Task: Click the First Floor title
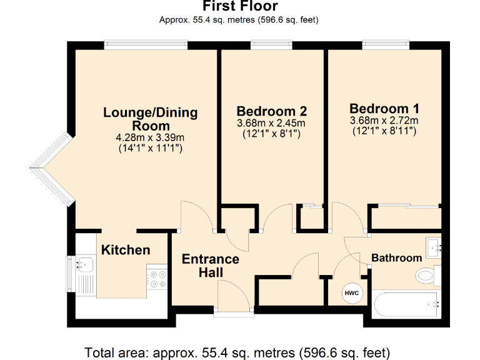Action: pos(239,6)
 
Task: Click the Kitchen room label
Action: pos(126,250)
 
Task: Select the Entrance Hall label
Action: pos(210,266)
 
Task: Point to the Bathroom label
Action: pos(396,257)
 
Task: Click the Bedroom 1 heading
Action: pos(384,107)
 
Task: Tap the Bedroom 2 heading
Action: pos(271,111)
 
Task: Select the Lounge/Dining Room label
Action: pos(150,119)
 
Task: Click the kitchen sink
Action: pos(81,266)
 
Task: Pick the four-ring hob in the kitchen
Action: pos(157,279)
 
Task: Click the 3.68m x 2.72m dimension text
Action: pos(384,120)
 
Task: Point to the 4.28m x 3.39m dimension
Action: pos(150,137)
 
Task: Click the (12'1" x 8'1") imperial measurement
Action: pos(271,134)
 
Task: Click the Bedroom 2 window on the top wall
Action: pos(271,44)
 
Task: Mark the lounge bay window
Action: pos(50,167)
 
